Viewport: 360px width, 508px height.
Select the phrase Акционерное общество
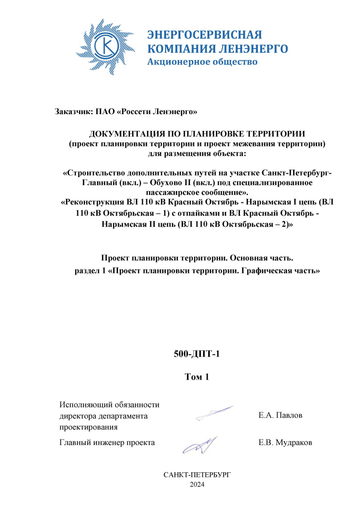click(x=202, y=62)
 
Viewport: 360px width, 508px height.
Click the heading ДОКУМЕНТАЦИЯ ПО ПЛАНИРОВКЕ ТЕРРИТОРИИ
click(x=196, y=135)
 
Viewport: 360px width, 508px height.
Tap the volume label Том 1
click(x=197, y=378)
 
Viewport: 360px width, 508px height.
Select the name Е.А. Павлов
click(x=280, y=415)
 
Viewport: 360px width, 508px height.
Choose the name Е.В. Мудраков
click(x=285, y=443)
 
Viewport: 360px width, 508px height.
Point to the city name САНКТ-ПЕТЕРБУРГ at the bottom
click(x=197, y=475)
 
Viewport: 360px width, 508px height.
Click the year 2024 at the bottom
click(x=197, y=484)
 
